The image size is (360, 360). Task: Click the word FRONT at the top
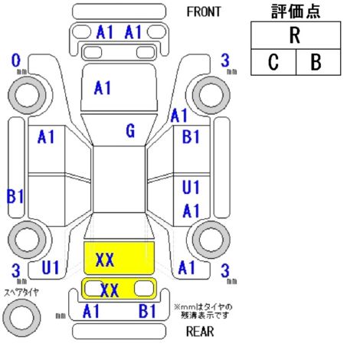[x=204, y=11]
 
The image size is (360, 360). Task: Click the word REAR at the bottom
[x=200, y=332]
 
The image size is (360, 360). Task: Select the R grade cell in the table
[x=296, y=35]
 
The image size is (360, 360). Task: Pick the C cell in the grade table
[x=273, y=62]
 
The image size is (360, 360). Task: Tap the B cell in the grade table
[x=318, y=62]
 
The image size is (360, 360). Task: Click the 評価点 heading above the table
[x=296, y=11]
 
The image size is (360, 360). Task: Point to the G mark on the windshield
[x=130, y=131]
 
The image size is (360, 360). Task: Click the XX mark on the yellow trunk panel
[x=105, y=260]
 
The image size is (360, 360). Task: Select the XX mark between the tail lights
[x=110, y=290]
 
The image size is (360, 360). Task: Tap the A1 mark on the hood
[x=103, y=88]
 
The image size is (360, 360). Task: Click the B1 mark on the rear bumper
[x=147, y=311]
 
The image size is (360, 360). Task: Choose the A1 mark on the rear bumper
[x=91, y=311]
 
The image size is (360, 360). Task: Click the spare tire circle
[x=21, y=317]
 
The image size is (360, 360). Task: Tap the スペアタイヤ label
[x=21, y=293]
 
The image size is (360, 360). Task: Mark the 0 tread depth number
[x=16, y=61]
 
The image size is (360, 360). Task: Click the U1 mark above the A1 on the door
[x=191, y=187]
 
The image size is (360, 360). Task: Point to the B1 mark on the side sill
[x=15, y=196]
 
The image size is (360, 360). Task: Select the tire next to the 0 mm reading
[x=27, y=95]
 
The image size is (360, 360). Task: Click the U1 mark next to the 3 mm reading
[x=50, y=267]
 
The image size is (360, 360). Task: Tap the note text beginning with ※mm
[x=203, y=311]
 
